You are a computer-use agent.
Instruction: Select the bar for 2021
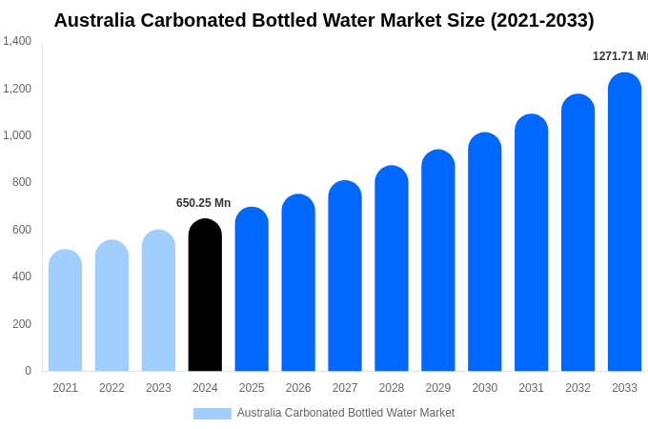[x=65, y=311]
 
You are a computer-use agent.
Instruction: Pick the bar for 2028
[x=392, y=269]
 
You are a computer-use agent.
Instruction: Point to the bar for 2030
[x=484, y=253]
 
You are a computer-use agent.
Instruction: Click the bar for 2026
[x=298, y=283]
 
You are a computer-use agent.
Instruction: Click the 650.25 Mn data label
[x=203, y=203]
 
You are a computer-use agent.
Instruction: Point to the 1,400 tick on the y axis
[x=17, y=41]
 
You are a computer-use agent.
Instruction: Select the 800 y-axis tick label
[x=22, y=182]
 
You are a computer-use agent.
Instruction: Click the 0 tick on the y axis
[x=28, y=371]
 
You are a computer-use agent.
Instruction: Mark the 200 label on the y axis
[x=22, y=324]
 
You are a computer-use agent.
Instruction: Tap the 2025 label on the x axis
[x=252, y=388]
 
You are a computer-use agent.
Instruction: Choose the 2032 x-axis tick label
[x=577, y=388]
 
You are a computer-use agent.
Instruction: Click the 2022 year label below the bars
[x=111, y=388]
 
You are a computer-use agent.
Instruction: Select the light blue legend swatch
[x=212, y=414]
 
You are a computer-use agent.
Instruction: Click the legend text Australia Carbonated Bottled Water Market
[x=345, y=413]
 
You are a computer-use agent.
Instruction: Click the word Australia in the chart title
[x=95, y=20]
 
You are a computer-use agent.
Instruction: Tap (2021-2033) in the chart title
[x=541, y=20]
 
